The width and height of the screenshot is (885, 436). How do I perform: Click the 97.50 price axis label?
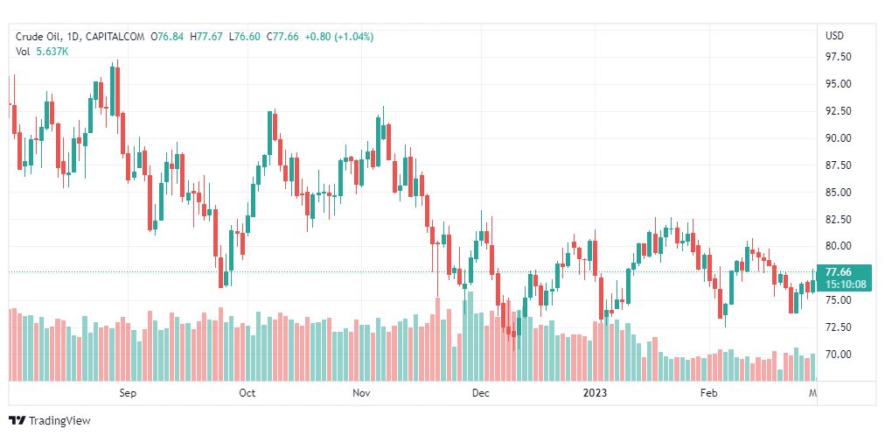(x=839, y=57)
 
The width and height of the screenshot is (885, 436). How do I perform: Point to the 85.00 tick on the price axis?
(x=839, y=192)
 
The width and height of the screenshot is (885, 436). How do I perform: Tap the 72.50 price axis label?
(x=839, y=327)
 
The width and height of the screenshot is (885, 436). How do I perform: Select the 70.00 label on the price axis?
(x=839, y=354)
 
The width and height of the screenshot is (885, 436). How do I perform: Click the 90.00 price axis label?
(x=839, y=137)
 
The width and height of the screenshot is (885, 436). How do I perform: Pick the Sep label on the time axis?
(x=128, y=393)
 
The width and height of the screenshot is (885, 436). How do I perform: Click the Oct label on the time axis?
(x=247, y=393)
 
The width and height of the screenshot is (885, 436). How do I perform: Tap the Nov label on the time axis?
(x=362, y=393)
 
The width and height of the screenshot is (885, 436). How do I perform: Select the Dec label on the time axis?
(x=480, y=393)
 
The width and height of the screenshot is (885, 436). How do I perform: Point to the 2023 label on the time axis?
(x=596, y=393)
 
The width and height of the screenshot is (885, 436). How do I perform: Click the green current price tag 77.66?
(x=839, y=271)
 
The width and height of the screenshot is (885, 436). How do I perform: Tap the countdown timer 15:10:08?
(x=845, y=284)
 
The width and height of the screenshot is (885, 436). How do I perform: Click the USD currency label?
(x=834, y=36)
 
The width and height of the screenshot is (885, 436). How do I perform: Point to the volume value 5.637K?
(x=52, y=52)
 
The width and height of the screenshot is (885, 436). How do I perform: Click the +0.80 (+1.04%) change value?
(x=338, y=37)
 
